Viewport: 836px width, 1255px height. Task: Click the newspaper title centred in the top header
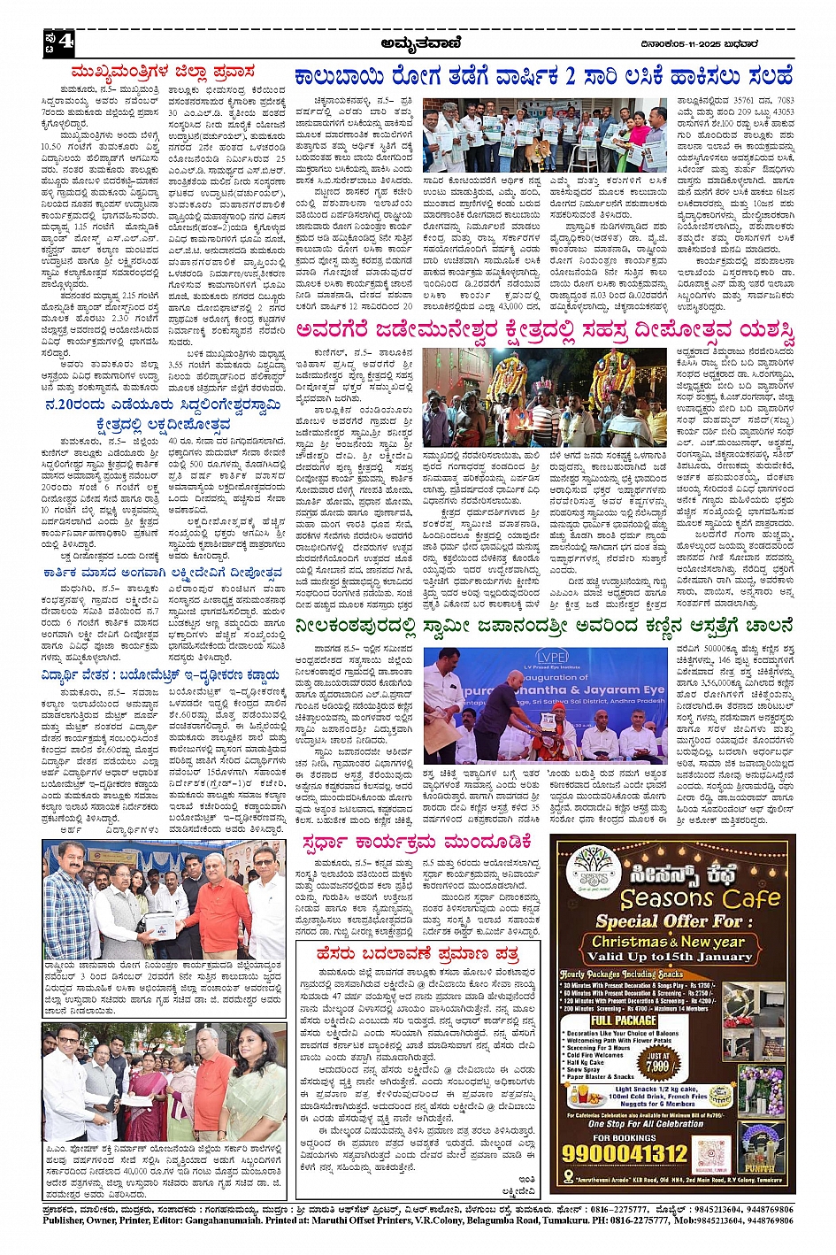point(418,41)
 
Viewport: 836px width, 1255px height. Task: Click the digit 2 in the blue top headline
point(571,75)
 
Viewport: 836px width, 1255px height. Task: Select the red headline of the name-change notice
point(418,954)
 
